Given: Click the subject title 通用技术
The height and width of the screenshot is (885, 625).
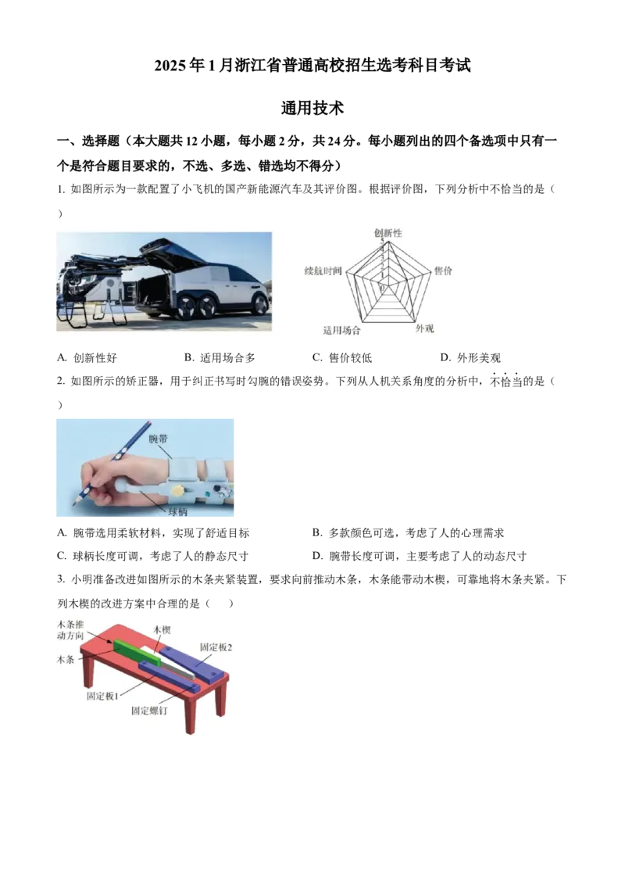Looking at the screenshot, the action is (x=312, y=108).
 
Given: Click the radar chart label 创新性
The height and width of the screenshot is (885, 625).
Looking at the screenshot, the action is (x=388, y=232).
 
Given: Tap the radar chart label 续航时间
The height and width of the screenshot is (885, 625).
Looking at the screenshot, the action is (x=323, y=271).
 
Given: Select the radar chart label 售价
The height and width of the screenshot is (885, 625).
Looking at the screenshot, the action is (x=443, y=271).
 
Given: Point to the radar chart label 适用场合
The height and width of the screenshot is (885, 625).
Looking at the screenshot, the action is (x=341, y=330).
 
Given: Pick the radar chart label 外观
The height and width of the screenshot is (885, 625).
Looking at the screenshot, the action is (x=424, y=328).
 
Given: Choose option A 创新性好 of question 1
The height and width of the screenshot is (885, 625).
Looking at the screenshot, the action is (x=87, y=358).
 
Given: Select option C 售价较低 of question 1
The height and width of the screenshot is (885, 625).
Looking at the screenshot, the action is (x=342, y=358).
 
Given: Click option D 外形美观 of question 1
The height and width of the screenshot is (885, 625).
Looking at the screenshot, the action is (x=470, y=358).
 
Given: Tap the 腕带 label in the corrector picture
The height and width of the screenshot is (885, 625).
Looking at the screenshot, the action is (x=159, y=439).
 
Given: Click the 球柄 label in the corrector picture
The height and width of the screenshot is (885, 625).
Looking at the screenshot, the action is (x=177, y=512).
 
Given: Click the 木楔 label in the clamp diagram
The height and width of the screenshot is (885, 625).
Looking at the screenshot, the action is (x=162, y=630).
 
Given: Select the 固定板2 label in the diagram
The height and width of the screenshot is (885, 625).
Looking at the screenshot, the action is (x=216, y=647).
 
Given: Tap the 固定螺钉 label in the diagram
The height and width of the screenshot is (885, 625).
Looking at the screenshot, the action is (x=149, y=711).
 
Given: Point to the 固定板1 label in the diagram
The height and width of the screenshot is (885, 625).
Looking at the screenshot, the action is (x=102, y=696).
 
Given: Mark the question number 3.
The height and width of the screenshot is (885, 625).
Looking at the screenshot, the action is (x=60, y=579).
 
